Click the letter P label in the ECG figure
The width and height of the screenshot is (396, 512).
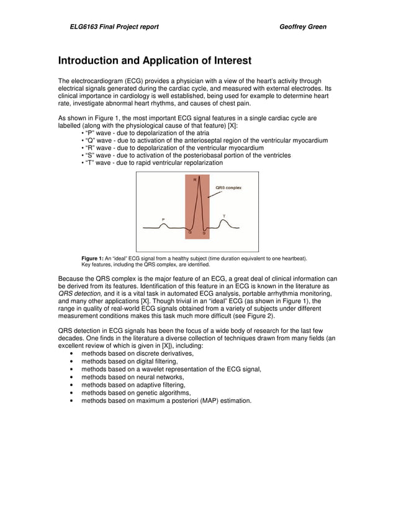tap(163, 219)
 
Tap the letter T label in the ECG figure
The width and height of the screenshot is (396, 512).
tap(224, 216)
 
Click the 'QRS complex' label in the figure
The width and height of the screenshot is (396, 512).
tap(228, 187)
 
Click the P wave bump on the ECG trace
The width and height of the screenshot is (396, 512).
tap(163, 226)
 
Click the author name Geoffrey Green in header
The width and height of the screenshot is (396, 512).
tap(303, 27)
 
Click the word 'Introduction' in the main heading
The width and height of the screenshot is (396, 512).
tap(92, 61)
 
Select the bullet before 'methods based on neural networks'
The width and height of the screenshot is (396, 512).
tap(73, 377)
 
